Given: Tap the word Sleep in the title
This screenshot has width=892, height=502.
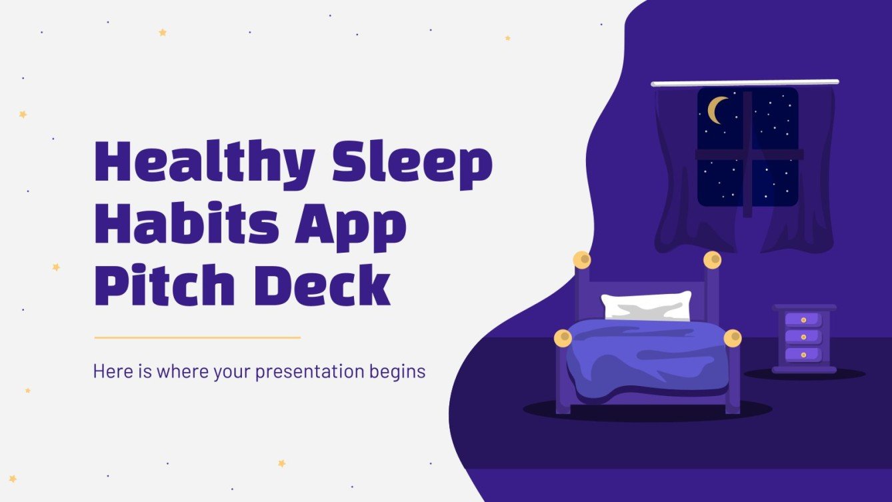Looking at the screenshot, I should pyautogui.click(x=413, y=163).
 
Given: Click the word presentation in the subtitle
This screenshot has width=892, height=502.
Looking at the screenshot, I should pyautogui.click(x=310, y=371).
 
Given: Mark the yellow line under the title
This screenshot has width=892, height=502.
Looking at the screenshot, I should pyautogui.click(x=197, y=337).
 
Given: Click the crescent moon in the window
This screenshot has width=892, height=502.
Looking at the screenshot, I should pyautogui.click(x=717, y=110).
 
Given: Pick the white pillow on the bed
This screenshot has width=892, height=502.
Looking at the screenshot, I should pyautogui.click(x=646, y=306).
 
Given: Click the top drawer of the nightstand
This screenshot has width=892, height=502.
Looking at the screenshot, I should pyautogui.click(x=803, y=321).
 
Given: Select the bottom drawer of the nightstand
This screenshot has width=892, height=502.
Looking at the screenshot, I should pyautogui.click(x=803, y=354).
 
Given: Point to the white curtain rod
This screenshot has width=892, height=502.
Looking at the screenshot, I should pyautogui.click(x=745, y=83).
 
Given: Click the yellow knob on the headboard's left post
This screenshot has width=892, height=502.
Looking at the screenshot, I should pyautogui.click(x=582, y=259).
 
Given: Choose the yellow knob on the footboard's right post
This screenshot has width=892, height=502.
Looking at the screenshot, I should pyautogui.click(x=733, y=339).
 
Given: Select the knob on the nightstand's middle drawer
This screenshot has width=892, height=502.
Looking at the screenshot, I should pyautogui.click(x=803, y=337).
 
